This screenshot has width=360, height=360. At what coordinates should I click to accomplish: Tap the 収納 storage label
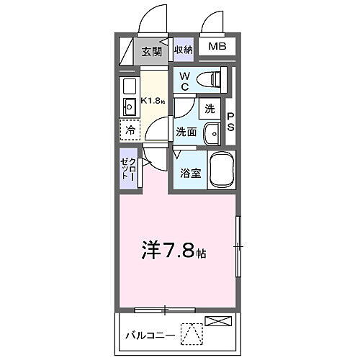tap(183, 50)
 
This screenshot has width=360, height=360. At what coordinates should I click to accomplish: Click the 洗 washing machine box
tap(209, 109)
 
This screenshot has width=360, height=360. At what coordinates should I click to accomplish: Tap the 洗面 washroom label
tap(186, 132)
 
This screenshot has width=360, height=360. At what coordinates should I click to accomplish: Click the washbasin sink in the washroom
tap(212, 133)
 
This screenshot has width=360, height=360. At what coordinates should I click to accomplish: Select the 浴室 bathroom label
tap(189, 173)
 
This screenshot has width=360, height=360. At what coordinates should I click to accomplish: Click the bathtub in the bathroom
tap(222, 171)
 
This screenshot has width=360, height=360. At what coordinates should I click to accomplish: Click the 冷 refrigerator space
tap(130, 131)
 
